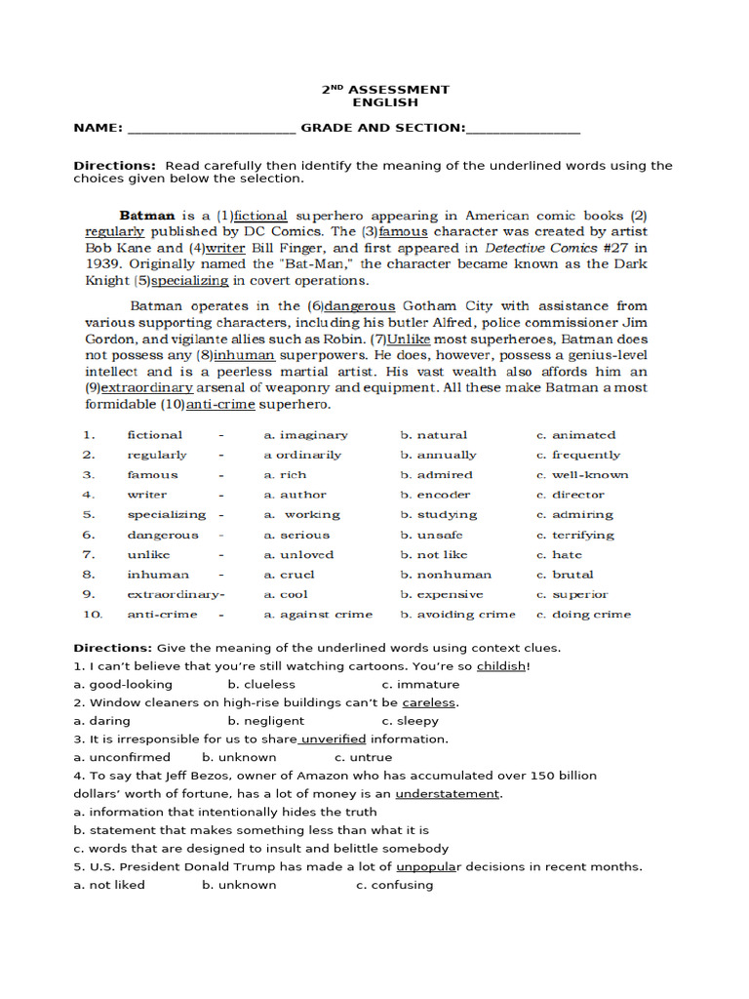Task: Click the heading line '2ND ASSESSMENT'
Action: [385, 89]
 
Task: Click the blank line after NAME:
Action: [211, 129]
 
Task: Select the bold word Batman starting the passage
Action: [147, 216]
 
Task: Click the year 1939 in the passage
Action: [102, 264]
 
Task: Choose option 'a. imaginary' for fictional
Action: [305, 435]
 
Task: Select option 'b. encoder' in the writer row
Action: [435, 495]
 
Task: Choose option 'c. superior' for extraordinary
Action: [572, 594]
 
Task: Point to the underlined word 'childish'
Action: [501, 666]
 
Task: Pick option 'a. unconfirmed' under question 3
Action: [122, 757]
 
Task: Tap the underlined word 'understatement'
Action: [447, 794]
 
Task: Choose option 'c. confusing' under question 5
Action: [394, 885]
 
